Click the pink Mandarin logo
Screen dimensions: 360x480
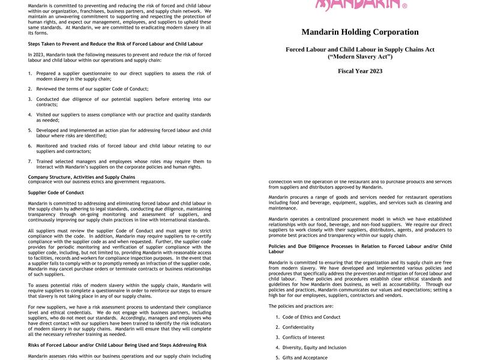pos(361,5)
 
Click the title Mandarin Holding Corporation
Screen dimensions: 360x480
pos(360,32)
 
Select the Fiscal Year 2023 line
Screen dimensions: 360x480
pos(360,71)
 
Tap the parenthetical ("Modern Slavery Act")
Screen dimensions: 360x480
pos(360,56)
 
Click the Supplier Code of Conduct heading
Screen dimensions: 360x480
pos(56,193)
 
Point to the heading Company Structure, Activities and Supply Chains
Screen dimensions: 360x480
pos(82,177)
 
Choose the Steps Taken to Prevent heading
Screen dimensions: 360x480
pos(115,44)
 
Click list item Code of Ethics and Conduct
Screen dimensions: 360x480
pos(311,317)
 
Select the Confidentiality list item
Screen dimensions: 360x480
pos(298,327)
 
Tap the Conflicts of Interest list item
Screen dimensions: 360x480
pos(303,337)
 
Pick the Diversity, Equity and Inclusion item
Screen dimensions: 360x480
pos(314,347)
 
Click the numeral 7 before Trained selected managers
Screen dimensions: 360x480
pos(30,161)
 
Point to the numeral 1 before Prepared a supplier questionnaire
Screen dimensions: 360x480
pos(30,73)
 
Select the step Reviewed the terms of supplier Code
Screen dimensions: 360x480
pos(92,89)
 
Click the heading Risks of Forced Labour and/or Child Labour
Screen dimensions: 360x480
pos(117,345)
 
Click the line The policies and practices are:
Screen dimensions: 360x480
pos(301,306)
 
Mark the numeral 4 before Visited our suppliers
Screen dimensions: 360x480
pos(30,115)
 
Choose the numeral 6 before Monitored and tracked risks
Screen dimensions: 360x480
pos(30,146)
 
